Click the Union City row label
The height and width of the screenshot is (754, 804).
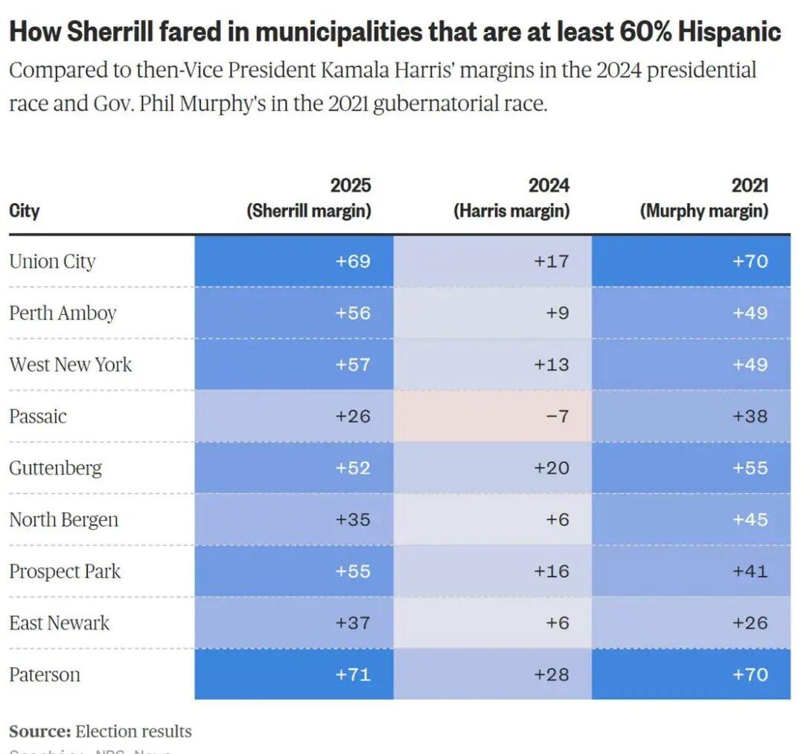pos(52,261)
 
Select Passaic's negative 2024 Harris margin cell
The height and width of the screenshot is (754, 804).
pos(492,416)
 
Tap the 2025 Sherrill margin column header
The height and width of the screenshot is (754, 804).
pos(309,198)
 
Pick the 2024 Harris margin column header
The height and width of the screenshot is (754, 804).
pos(511,198)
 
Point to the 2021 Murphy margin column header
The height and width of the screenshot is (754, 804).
pos(704,198)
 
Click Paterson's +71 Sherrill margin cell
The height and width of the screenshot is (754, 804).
pos(294,674)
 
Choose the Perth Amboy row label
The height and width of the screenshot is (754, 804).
pos(63,313)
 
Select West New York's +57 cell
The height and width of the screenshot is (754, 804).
pos(294,365)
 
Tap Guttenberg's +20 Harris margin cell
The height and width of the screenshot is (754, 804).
pos(492,467)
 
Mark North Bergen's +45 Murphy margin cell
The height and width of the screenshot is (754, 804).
pos(691,520)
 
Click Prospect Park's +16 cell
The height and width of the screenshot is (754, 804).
pos(492,571)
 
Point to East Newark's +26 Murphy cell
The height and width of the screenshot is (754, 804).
pos(691,622)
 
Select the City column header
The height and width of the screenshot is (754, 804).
pos(25,211)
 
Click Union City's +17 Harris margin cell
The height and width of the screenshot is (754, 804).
pos(492,261)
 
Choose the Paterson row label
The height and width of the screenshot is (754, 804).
pos(45,674)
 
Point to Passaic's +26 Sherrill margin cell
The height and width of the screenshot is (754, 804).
pos(294,416)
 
